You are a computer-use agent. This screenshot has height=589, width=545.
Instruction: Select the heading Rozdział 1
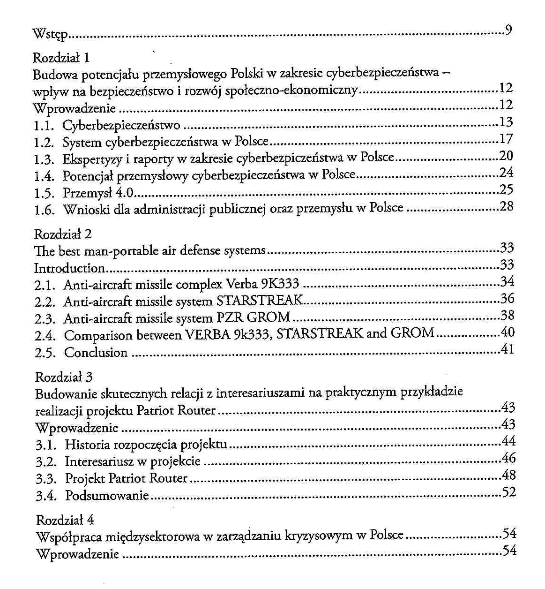click(x=61, y=58)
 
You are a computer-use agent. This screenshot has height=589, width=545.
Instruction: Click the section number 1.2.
click(x=45, y=142)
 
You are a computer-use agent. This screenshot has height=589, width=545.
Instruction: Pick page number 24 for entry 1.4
click(x=506, y=173)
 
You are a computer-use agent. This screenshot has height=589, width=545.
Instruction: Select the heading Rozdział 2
click(x=63, y=234)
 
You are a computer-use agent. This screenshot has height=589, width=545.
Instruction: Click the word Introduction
click(x=69, y=268)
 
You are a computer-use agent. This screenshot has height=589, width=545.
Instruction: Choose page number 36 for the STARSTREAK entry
click(x=507, y=298)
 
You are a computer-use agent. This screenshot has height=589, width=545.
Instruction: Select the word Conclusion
click(x=96, y=352)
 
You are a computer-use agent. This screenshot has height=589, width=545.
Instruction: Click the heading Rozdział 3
click(x=64, y=377)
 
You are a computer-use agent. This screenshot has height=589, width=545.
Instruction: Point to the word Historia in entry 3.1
click(x=87, y=444)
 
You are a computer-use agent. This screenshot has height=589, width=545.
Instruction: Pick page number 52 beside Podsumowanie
click(x=509, y=492)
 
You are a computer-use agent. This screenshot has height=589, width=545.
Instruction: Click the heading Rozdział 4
click(x=65, y=520)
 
